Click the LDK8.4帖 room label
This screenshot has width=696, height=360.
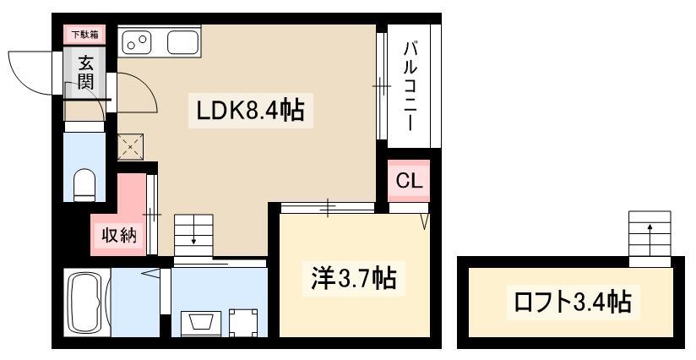pos(250,110)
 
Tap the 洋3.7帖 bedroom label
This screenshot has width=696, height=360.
pos(353,279)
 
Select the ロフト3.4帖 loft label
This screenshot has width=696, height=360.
pos(573,302)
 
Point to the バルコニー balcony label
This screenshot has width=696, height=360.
pos(411,86)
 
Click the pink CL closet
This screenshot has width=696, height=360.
pos(409,181)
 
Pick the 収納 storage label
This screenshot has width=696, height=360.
pos(119,235)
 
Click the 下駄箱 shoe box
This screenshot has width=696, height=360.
pos(85,34)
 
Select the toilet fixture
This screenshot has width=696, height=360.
pos(84,185)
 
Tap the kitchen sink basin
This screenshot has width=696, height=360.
pos(182,42)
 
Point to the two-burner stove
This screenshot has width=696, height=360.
pos(137,41)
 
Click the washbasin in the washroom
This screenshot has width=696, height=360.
pos(201,323)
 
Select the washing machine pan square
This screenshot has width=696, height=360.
pos(243,322)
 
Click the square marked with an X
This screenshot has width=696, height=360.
pos(130,146)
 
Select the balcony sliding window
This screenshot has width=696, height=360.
pos(381,86)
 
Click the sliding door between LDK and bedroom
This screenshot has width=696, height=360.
pos(328,208)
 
